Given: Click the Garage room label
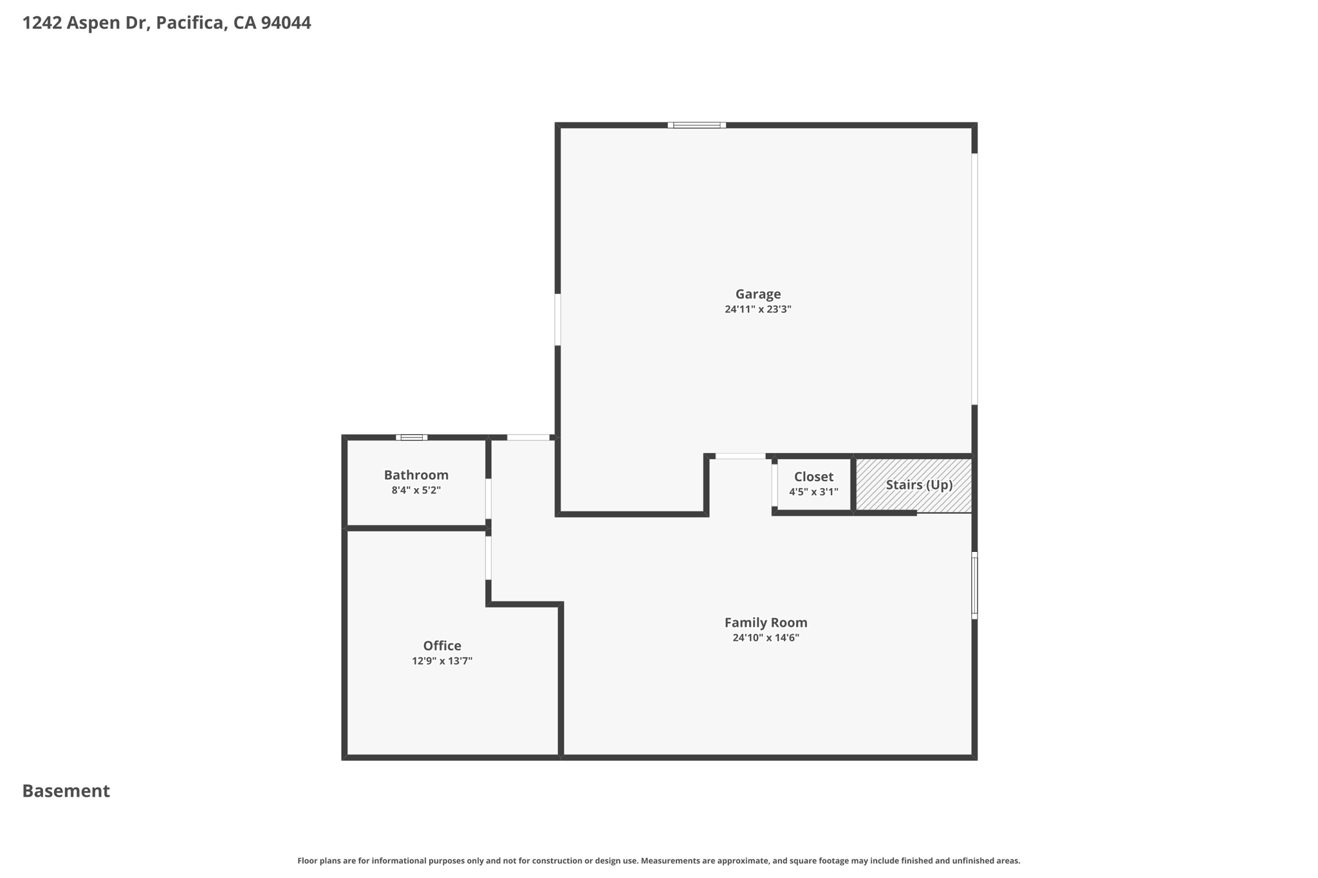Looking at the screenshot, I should [758, 294].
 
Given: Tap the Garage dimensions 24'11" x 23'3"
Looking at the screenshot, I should [758, 309].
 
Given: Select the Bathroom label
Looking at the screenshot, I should [416, 475].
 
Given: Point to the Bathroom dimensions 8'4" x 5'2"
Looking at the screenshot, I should [416, 490].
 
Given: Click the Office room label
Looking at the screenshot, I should [442, 646].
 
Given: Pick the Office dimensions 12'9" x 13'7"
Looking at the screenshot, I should [442, 661].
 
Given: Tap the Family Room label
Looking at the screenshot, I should [766, 623].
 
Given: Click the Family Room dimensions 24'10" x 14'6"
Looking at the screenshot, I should [766, 638].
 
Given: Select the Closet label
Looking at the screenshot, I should [813, 477].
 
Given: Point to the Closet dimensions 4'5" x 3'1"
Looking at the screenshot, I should [813, 492].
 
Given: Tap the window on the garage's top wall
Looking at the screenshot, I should [696, 125].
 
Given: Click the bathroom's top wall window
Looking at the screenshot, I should [411, 437].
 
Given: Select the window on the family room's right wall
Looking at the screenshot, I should [974, 585].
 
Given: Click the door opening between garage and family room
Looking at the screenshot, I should [741, 456].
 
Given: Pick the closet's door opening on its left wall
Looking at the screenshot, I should [775, 486].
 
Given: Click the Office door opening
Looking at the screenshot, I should [488, 558].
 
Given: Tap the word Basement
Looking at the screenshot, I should [66, 791].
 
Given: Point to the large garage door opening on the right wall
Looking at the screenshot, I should [974, 279].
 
